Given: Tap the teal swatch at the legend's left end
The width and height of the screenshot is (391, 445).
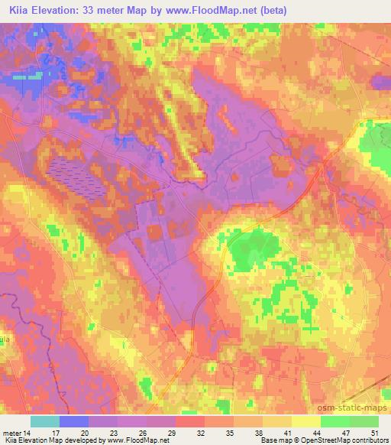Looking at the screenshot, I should (x=45, y=421).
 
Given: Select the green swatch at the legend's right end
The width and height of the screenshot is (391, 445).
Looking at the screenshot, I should (x=364, y=421).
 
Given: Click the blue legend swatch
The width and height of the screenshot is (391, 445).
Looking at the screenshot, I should (x=74, y=421).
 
